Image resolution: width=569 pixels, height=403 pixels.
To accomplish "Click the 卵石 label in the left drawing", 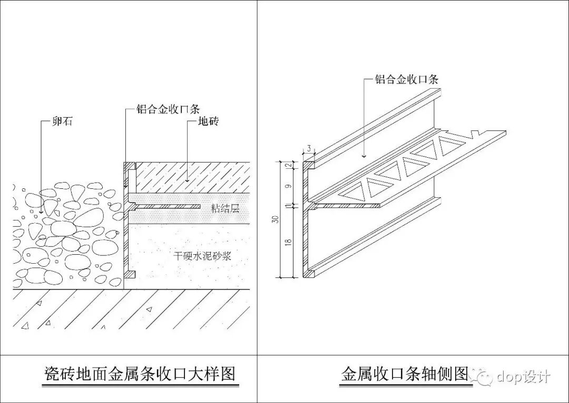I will (x=62, y=122).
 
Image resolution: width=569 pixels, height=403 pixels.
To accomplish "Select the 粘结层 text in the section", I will (x=224, y=208).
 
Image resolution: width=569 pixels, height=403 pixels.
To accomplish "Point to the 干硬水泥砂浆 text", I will (x=203, y=256).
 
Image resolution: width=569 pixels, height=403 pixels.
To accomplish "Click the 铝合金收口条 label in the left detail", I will (x=166, y=110).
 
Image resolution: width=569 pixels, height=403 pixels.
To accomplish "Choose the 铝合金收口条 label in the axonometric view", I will (x=406, y=80).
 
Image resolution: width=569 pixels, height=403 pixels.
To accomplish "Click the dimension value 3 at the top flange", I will (x=309, y=149).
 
